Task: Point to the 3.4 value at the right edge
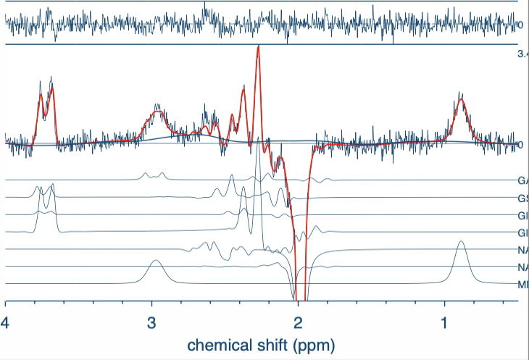click(x=522, y=54)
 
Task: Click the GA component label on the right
click(x=522, y=180)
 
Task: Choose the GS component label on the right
click(x=522, y=198)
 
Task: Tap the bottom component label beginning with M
click(x=522, y=285)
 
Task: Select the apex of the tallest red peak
click(x=257, y=47)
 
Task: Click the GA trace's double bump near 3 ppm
click(x=153, y=174)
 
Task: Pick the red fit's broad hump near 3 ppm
click(x=157, y=112)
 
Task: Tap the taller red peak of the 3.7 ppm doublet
click(x=51, y=86)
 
